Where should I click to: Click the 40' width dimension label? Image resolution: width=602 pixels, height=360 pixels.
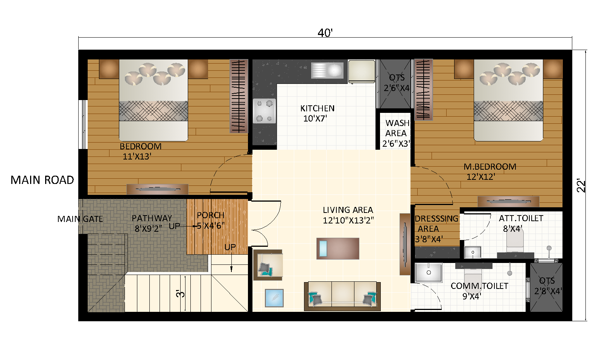tap(325, 33)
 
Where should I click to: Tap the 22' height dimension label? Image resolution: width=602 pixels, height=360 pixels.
tap(581, 185)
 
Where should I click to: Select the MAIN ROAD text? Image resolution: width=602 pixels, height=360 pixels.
tap(42, 180)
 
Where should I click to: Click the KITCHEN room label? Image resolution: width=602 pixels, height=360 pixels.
tap(317, 109)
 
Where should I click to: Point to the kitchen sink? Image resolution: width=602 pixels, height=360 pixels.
tap(327, 70)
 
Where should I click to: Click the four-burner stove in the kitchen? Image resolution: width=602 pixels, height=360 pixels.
tap(264, 111)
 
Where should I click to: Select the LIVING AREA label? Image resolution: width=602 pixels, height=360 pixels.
tap(348, 210)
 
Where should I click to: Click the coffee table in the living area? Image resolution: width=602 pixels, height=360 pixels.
tap(337, 249)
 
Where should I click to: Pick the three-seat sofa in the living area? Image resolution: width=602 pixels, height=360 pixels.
tap(342, 296)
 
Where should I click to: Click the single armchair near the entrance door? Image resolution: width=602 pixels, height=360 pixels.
tap(268, 265)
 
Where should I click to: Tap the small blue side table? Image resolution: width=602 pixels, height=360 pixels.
tap(274, 298)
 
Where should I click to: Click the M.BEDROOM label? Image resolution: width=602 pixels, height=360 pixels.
tap(490, 167)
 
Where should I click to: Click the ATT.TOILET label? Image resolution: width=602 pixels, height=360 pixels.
tap(521, 219)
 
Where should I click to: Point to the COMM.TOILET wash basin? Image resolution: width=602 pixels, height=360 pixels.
tap(429, 272)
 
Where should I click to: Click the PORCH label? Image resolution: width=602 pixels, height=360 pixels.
tap(210, 216)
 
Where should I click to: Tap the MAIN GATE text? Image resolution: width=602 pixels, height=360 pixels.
tap(80, 219)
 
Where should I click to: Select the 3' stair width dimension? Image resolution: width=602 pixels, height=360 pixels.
tap(181, 293)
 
